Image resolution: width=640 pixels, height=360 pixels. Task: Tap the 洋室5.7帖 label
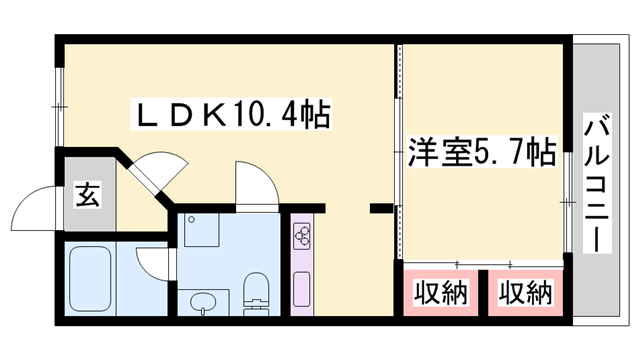[x=481, y=154]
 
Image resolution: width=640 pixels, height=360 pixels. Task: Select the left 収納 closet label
[x=441, y=293]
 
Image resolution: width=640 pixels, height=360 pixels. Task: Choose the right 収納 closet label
[x=526, y=293]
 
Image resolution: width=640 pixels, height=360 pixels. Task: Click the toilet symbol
[x=256, y=294]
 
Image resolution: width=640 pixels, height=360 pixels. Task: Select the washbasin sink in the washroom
[x=206, y=301]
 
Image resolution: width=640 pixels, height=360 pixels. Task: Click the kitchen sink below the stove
[x=301, y=286]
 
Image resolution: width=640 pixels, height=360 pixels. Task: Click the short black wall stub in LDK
[x=381, y=209]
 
